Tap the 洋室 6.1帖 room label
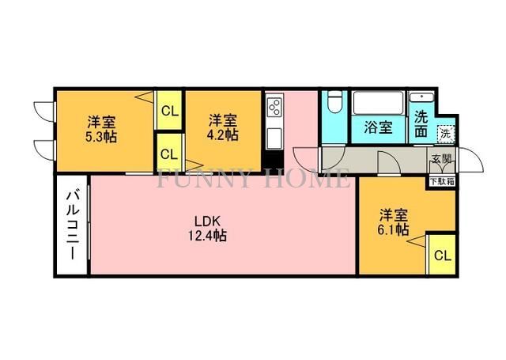[393, 222]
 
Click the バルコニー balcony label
[71, 225]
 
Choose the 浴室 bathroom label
[378, 127]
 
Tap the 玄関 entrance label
[441, 159]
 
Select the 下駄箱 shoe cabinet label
[441, 181]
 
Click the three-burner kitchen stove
[274, 108]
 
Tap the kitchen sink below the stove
[274, 136]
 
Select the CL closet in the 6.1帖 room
[442, 255]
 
